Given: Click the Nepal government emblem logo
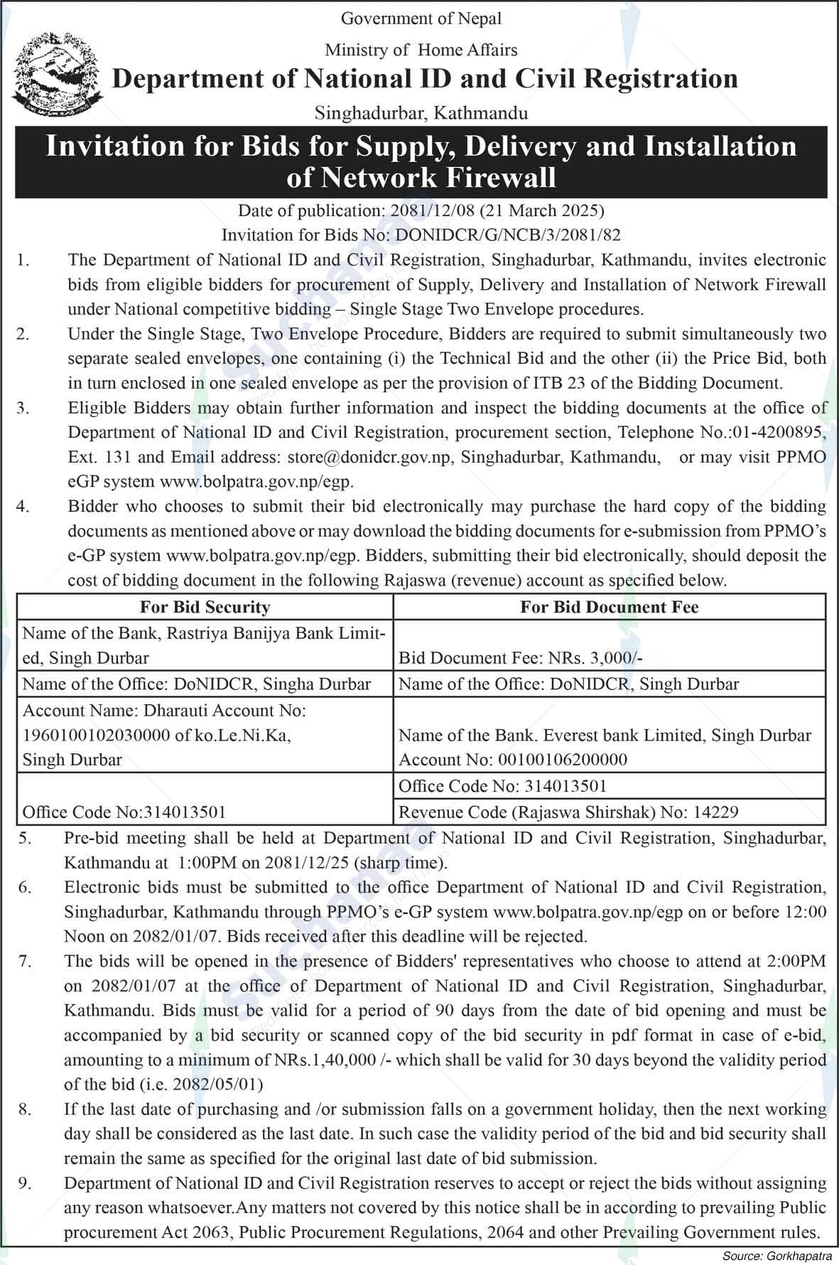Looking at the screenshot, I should tap(54, 74).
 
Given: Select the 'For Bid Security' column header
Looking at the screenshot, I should tap(205, 607).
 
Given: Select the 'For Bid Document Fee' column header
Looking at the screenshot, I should tap(609, 607).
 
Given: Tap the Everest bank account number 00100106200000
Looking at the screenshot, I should tap(560, 760).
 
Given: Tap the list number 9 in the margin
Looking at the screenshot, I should tap(24, 1183).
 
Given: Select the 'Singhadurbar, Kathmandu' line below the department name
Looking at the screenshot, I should tap(421, 113).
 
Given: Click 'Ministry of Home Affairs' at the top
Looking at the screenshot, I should tap(421, 50).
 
